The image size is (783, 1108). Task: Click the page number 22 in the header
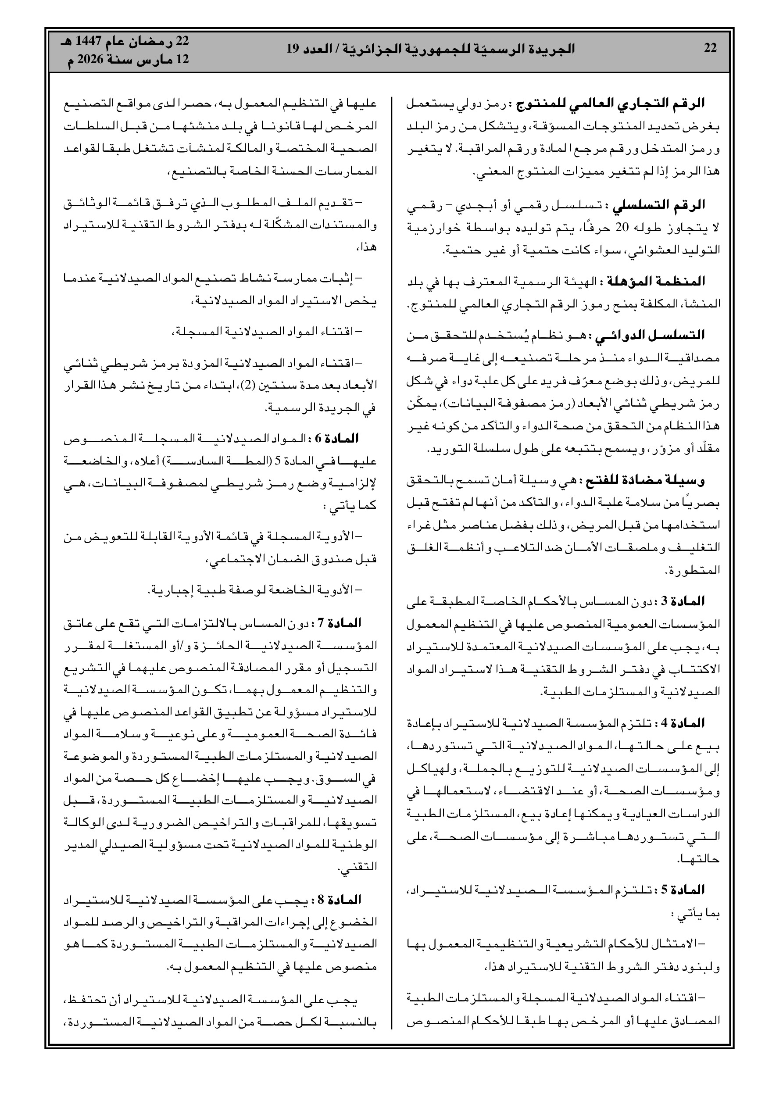pos(710,48)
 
